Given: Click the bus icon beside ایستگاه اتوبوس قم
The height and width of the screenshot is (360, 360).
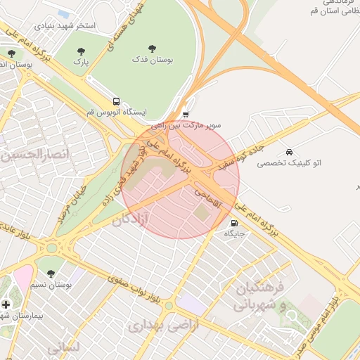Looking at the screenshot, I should click(x=116, y=101).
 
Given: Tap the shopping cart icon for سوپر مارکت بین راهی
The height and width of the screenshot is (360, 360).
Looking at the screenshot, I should click(x=186, y=114).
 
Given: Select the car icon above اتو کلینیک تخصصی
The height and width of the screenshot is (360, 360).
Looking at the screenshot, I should click(x=289, y=152).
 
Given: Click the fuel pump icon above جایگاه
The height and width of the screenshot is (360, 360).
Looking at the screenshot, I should click(x=234, y=223).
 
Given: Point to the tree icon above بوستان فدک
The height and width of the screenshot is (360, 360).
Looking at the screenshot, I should click(x=153, y=49).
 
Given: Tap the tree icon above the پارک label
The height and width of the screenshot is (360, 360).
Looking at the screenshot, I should click(x=81, y=51).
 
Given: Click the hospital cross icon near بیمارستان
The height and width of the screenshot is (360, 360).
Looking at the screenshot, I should click(x=6, y=304).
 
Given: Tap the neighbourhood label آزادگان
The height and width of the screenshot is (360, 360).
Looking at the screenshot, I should click(x=131, y=220).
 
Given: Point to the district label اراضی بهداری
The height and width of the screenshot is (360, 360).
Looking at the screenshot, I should click(x=164, y=325).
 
